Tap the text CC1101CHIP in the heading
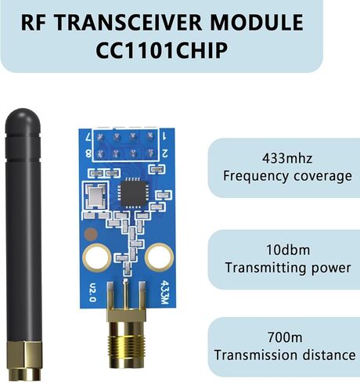(161, 50)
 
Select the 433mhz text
(287, 158)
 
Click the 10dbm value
(288, 250)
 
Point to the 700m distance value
(285, 337)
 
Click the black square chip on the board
(135, 193)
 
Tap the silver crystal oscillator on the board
(96, 196)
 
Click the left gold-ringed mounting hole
(96, 258)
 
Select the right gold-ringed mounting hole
(160, 257)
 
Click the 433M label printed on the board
(164, 292)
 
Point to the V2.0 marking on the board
(92, 292)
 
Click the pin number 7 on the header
(88, 137)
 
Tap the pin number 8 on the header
(88, 154)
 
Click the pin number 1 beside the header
(164, 136)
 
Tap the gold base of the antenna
(25, 361)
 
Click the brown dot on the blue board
(92, 234)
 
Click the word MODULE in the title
(257, 23)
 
